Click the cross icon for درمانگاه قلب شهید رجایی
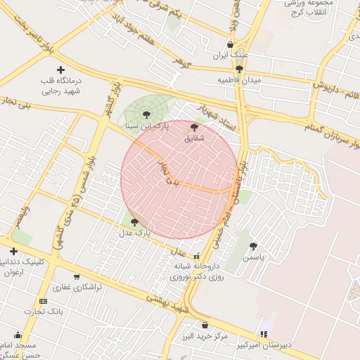coord(60,70)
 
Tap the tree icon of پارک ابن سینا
coord(146,114)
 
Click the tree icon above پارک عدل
coord(134,221)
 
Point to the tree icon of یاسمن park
coord(253,246)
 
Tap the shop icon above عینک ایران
coord(230,45)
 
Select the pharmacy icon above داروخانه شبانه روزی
coord(196,256)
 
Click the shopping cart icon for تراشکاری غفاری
coord(77,276)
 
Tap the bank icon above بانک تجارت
coord(44,301)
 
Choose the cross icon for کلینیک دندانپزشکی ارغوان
coord(13,251)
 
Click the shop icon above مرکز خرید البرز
coord(205,326)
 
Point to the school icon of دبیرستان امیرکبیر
coord(264,333)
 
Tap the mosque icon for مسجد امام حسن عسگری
coord(18,335)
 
